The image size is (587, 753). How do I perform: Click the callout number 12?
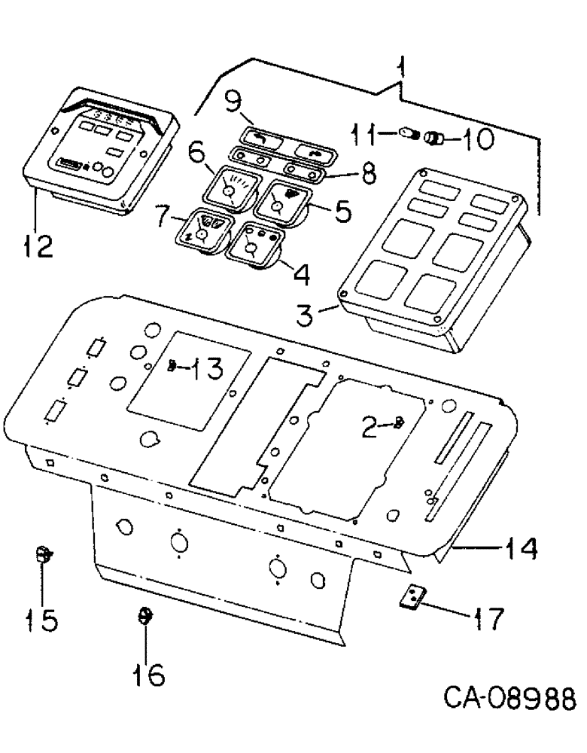pos(36,246)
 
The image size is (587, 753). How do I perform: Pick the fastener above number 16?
pos(143,616)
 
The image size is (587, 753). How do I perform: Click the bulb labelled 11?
pos(409,136)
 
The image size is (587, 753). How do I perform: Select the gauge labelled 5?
pos(284,200)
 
